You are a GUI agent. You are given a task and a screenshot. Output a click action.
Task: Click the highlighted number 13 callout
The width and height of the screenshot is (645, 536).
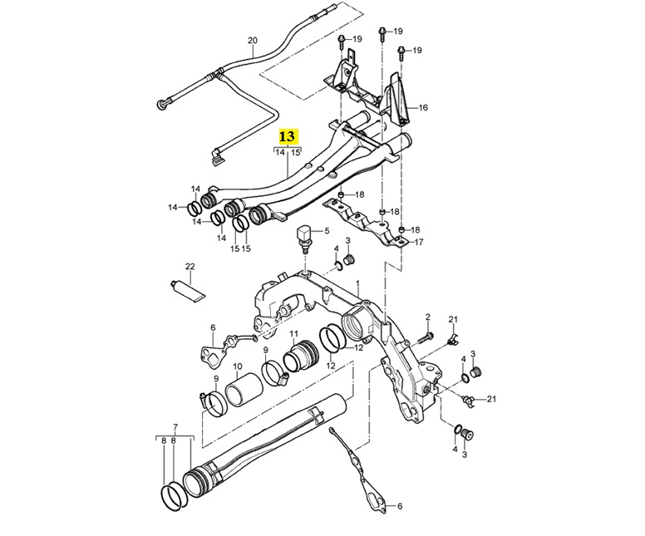(287, 136)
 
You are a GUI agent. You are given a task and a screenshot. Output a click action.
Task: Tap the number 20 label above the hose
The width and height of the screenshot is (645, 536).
(253, 41)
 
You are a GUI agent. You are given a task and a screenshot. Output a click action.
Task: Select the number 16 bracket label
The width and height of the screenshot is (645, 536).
(423, 108)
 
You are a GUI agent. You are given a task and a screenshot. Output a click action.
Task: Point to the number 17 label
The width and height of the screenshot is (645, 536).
(419, 243)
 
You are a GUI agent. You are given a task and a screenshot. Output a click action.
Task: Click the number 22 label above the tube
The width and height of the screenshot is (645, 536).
(190, 267)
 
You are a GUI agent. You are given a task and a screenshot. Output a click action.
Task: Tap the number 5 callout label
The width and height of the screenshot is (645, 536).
(327, 231)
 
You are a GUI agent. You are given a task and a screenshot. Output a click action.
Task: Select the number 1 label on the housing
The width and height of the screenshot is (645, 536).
(358, 283)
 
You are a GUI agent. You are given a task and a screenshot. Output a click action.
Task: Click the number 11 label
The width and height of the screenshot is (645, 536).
(293, 333)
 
